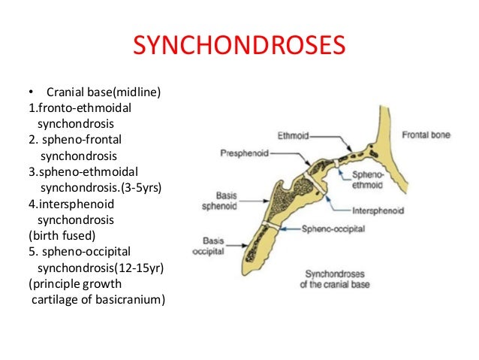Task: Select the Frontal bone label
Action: [x=426, y=136]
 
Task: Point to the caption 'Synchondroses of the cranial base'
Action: [x=341, y=278]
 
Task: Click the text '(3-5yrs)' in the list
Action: [x=140, y=187]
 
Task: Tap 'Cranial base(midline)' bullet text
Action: [x=104, y=92]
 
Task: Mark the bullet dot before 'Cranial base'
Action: [x=32, y=92]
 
